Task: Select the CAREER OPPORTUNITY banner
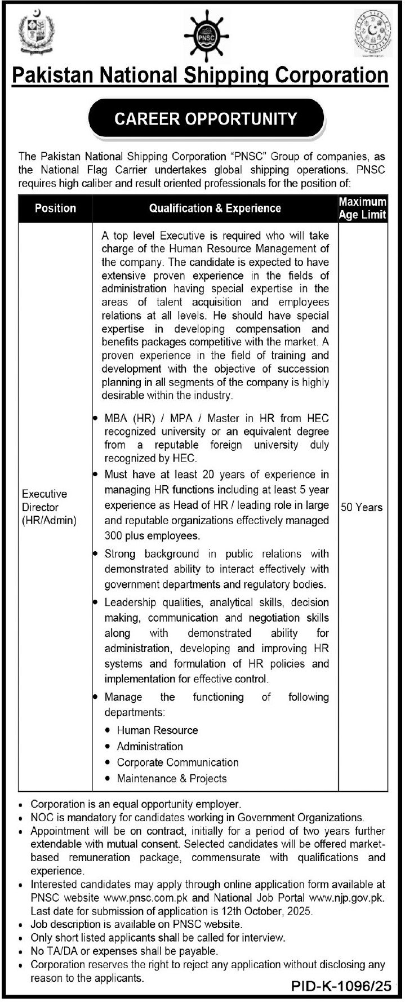click(206, 119)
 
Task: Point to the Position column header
click(55, 208)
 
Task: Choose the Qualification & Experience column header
click(215, 208)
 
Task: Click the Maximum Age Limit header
click(363, 208)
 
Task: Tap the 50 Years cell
click(362, 507)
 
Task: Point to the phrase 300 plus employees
click(152, 535)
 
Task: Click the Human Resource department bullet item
click(157, 730)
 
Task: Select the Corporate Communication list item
click(177, 762)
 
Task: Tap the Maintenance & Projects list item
click(171, 779)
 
